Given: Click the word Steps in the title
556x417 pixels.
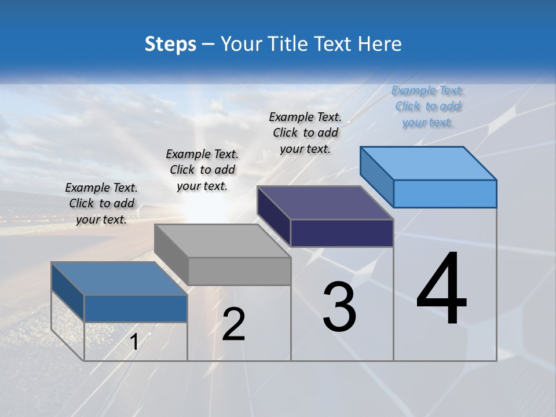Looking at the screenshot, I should click(170, 44).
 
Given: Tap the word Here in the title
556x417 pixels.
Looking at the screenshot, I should click(381, 44).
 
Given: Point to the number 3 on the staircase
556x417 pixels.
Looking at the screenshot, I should click(339, 307).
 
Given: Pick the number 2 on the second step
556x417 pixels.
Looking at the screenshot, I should click(233, 324).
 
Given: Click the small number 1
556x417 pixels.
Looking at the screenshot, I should click(134, 342).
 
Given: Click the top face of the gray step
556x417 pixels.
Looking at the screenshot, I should click(223, 241).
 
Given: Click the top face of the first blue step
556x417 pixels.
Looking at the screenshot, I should click(119, 279).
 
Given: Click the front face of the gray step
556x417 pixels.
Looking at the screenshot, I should click(239, 271).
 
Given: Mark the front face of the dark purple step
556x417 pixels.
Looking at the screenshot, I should click(342, 233).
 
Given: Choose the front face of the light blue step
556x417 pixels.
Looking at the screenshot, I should click(445, 193).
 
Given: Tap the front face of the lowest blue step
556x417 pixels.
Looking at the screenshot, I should click(136, 309).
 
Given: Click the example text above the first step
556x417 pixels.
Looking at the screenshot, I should click(101, 203).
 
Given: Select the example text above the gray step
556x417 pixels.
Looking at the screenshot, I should click(202, 170).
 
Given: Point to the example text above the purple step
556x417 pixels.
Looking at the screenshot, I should click(305, 133).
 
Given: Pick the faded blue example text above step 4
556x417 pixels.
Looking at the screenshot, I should click(427, 106).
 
